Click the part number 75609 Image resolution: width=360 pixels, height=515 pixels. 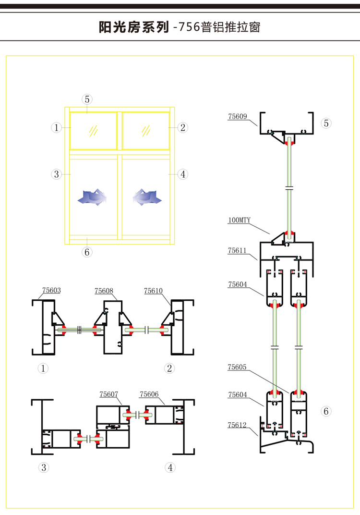(x=238, y=116)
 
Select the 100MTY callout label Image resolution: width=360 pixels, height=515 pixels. (x=239, y=221)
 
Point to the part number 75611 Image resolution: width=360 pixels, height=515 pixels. (x=238, y=250)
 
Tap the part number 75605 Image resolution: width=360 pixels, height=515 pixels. (x=238, y=367)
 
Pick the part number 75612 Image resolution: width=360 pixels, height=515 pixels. (x=238, y=425)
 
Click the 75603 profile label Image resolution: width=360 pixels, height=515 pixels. (x=51, y=290)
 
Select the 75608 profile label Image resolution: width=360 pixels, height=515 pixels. (x=104, y=291)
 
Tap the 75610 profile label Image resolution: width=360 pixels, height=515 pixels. (x=154, y=290)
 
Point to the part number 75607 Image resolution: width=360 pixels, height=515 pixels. (x=109, y=394)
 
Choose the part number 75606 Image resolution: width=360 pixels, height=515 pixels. (x=149, y=394)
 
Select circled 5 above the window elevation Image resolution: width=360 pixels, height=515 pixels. (x=87, y=99)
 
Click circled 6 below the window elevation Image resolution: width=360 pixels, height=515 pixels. (x=87, y=252)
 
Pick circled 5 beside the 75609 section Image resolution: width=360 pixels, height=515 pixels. (x=326, y=123)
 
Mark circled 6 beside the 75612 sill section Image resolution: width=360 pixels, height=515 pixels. (x=326, y=411)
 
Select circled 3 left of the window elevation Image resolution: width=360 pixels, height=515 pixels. (x=57, y=174)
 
